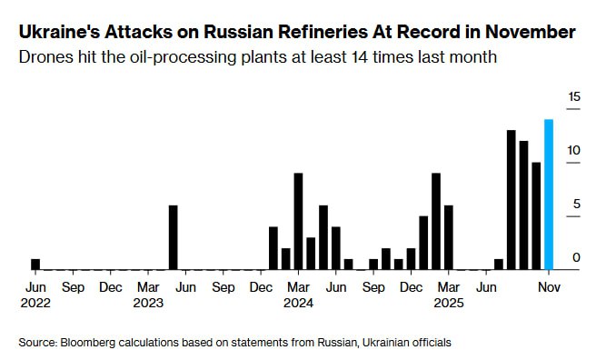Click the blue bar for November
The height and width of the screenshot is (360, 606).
(x=549, y=195)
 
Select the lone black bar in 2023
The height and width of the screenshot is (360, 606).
(x=174, y=238)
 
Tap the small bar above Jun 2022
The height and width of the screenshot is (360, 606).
(x=35, y=265)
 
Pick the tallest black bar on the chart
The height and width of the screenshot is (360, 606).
(x=512, y=200)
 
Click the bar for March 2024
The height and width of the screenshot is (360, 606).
(x=298, y=222)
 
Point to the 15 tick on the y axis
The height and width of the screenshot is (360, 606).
(x=573, y=96)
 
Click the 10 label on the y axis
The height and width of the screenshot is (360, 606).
(x=573, y=150)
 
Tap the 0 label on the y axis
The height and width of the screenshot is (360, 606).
(x=576, y=258)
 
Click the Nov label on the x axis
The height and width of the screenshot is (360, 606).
(x=549, y=287)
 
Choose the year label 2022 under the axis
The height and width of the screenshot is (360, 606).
(x=36, y=304)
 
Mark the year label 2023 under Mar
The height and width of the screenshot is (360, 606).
(x=148, y=304)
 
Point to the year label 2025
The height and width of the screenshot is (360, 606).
(x=448, y=304)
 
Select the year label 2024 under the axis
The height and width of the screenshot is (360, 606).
(x=298, y=304)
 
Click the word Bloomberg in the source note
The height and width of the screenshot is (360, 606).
(x=94, y=343)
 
